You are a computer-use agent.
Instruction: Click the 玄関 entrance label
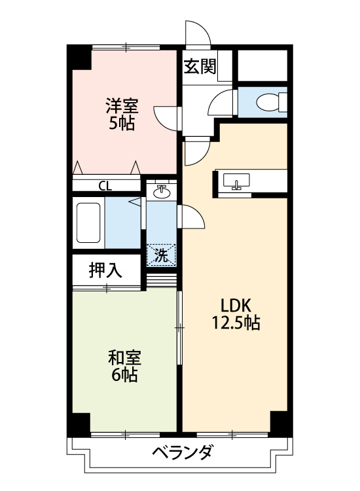[200, 67]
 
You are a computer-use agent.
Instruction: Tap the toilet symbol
[270, 101]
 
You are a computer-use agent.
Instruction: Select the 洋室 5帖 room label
[121, 114]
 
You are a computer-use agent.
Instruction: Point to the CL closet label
[105, 185]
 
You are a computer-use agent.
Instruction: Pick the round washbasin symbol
[162, 192]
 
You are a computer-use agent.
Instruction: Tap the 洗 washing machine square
[161, 255]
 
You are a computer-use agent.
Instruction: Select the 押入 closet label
[106, 270]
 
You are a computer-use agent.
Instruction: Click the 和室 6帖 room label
[124, 366]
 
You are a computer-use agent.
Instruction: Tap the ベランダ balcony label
[183, 452]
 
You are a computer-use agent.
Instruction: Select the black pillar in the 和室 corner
[81, 424]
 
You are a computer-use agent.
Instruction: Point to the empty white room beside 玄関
[262, 66]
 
